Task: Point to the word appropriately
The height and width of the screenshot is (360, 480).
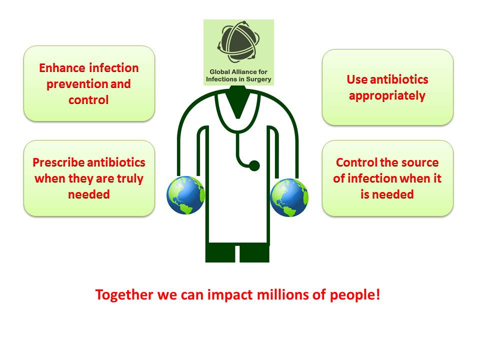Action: coord(387,96)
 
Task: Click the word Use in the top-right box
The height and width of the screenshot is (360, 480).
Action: coord(357,79)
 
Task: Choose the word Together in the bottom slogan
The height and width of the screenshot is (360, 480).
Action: coord(124,295)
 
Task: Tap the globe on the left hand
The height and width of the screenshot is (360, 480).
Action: coord(185,195)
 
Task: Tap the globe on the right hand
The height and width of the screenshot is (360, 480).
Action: coord(289,197)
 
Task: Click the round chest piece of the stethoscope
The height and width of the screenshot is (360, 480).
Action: coord(254,165)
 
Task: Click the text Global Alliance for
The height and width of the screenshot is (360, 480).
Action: coord(238,72)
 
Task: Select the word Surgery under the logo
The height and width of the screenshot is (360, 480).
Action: coord(259,79)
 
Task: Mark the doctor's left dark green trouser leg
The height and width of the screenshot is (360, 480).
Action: coord(220,252)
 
